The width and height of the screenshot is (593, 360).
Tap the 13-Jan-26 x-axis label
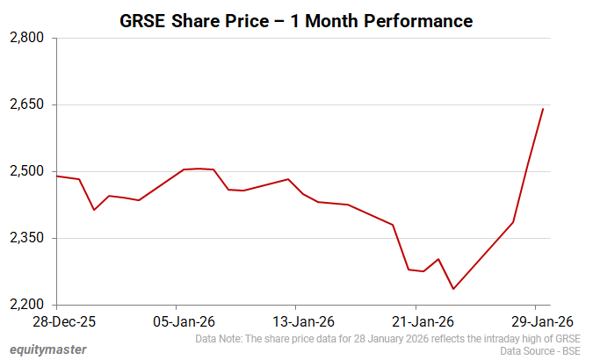[296, 321]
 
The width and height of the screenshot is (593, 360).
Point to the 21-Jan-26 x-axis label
[416, 321]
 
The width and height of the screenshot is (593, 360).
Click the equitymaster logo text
[43, 349]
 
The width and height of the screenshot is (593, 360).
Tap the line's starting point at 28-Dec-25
[56, 176]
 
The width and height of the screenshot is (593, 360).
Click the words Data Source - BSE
[540, 350]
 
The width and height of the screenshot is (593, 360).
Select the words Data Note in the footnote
[219, 338]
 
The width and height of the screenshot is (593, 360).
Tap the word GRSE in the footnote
[568, 338]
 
